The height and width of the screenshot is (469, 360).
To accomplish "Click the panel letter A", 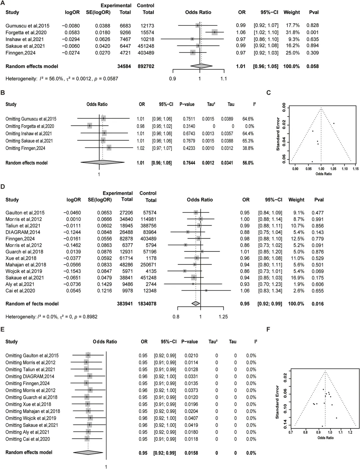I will coord(3,3).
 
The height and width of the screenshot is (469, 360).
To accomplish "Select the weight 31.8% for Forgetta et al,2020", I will coord(291,32).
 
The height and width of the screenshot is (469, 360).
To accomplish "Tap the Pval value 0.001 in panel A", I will coord(313,32).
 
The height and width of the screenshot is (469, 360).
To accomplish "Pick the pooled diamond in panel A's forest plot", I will coord(201,66).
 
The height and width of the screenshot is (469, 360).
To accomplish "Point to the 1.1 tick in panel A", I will coord(223,79).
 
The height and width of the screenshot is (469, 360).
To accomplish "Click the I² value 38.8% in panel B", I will coord(248,148).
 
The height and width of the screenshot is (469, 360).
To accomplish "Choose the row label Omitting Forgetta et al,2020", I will coord(30,126).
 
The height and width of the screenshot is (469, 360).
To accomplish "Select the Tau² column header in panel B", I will coord(211,104).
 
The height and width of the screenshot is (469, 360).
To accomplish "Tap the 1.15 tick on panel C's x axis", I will coord(355,169).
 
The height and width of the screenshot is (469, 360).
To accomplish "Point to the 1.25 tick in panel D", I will coord(223,316).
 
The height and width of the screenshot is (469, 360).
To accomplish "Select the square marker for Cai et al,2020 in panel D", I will coord(206,290).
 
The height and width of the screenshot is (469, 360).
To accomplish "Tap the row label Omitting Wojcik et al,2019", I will coord(31,418).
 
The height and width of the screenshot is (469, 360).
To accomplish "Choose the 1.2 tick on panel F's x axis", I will coord(350,432).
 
